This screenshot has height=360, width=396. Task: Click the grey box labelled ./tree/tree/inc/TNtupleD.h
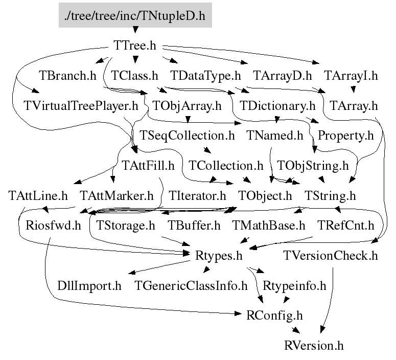135,16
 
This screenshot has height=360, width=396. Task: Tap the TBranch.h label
67,76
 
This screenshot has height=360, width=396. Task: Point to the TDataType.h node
205,76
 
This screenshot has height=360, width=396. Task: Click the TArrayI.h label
351,76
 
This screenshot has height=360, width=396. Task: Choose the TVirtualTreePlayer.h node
81,106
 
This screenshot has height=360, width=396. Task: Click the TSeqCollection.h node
187,136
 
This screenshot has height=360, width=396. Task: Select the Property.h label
346,136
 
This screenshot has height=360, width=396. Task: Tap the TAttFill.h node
148,166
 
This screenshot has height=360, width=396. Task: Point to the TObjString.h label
312,166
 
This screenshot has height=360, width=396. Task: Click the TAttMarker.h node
117,196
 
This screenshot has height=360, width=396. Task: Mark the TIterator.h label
197,196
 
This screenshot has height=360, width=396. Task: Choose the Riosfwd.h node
50,226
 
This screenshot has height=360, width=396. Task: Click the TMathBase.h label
268,226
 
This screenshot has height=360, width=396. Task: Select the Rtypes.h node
219,255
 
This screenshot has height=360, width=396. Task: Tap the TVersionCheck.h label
330,255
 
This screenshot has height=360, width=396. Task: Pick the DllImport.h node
89,285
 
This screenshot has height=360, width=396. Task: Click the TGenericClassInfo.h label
191,285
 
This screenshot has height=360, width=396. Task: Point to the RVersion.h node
314,345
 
